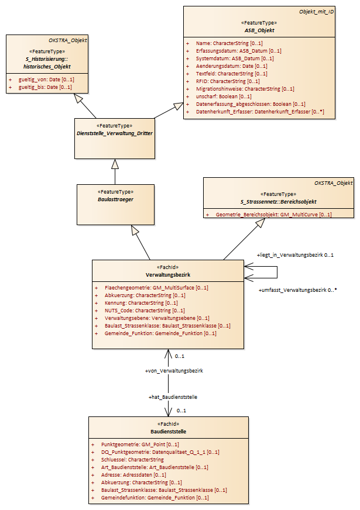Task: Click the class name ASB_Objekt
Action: pos(259,30)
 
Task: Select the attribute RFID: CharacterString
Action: pos(228,81)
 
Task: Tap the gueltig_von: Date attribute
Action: pos(46,80)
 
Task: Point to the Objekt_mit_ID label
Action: pos(316,12)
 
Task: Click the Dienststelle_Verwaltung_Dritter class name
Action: pos(115,133)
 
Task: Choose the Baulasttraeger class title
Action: pos(115,199)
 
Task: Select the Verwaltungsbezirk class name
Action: pos(168,275)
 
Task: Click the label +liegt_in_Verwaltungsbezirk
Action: pos(290,255)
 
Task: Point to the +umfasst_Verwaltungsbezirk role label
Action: pos(292,290)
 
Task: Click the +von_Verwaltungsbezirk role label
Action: pos(174,371)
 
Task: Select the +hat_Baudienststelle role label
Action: pos(173,397)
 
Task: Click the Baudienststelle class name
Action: pos(168,432)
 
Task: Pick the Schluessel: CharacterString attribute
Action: pos(132,460)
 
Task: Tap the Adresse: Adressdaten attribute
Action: pos(133,475)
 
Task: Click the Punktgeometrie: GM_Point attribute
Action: pos(140,444)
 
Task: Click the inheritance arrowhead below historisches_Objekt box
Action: pos(79,98)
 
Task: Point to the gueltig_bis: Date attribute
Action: pos(45,87)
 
